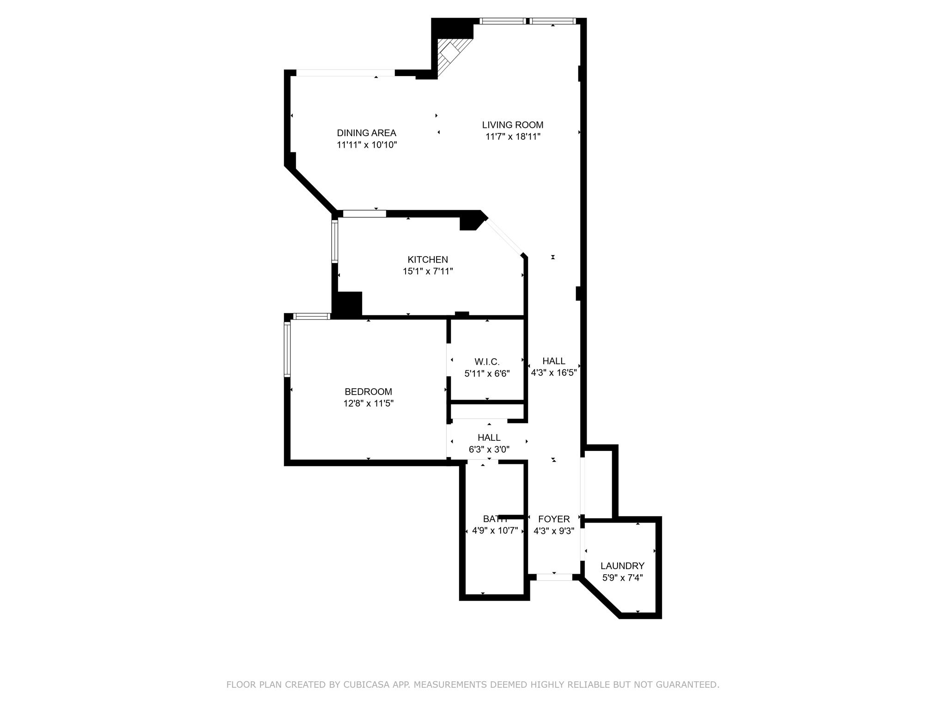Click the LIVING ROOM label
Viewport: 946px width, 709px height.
[512, 125]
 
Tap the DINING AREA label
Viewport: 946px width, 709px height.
[366, 133]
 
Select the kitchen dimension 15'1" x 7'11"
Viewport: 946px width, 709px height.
[427, 271]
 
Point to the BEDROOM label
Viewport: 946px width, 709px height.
[368, 391]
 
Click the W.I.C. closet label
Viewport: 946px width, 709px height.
[487, 361]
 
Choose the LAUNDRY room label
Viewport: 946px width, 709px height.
[622, 565]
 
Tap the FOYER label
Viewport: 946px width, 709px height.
[553, 519]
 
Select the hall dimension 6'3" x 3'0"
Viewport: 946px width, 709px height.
[489, 450]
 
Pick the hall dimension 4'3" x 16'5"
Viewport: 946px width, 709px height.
[553, 373]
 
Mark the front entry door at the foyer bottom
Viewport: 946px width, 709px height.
[554, 577]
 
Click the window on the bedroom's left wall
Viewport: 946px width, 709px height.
[287, 349]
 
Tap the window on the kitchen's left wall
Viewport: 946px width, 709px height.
[335, 241]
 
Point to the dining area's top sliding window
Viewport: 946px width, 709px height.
[345, 72]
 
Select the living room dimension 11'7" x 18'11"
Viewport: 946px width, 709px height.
[512, 137]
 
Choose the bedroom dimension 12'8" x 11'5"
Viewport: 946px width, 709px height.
[368, 403]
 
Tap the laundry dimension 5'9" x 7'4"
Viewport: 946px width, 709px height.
[622, 577]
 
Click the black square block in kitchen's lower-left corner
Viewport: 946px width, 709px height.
[349, 303]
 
